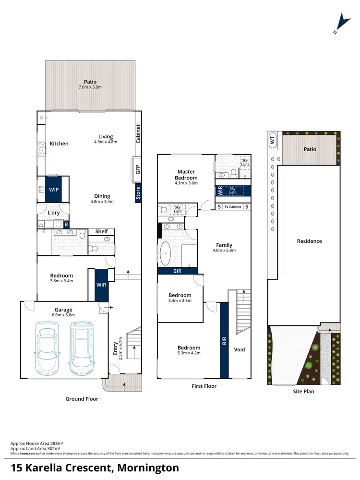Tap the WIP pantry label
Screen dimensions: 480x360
tap(54, 190)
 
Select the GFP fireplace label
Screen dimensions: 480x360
tap(138, 169)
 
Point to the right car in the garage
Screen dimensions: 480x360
tap(82, 348)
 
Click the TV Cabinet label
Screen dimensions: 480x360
tap(233, 207)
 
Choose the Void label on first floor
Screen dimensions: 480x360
tap(239, 349)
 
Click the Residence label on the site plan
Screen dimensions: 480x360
tap(309, 241)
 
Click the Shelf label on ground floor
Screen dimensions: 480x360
tap(101, 231)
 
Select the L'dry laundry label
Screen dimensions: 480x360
tap(54, 213)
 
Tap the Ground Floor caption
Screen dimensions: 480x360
tap(82, 399)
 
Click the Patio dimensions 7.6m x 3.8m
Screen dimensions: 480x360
tap(90, 87)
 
